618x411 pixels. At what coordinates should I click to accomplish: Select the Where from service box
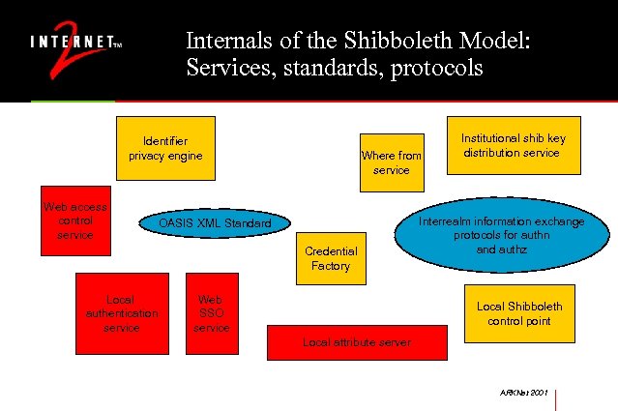click(392, 162)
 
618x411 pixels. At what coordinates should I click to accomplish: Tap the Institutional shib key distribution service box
click(513, 145)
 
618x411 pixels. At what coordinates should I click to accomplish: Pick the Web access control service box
click(75, 221)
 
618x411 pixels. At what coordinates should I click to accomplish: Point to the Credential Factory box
click(331, 258)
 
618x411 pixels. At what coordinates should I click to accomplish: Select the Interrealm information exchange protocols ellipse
click(501, 235)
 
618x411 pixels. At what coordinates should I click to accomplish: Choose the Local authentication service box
click(121, 313)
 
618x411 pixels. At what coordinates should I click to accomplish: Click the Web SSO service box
click(211, 313)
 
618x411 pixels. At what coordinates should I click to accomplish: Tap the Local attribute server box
click(357, 342)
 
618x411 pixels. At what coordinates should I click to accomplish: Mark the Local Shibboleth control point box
click(518, 313)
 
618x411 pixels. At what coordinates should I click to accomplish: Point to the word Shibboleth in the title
click(392, 43)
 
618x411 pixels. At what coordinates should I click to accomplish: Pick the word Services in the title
click(220, 70)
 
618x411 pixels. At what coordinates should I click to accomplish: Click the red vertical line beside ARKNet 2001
click(559, 398)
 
